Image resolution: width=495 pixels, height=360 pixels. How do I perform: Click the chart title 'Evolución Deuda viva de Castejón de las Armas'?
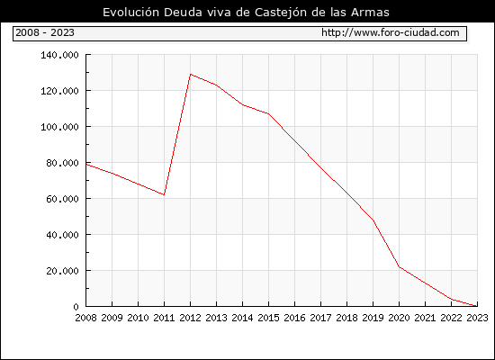click(246, 12)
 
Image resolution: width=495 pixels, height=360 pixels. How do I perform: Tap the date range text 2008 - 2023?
click(45, 32)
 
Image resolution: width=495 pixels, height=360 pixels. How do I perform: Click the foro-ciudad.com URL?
click(391, 32)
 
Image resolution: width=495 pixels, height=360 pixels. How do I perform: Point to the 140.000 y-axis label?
click(59, 55)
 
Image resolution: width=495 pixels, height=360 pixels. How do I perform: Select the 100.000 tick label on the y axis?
click(59, 127)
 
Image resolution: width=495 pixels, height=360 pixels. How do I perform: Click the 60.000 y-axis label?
click(62, 199)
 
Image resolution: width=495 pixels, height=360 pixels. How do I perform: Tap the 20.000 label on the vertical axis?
click(62, 271)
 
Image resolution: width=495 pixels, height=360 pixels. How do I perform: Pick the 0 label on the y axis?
click(76, 307)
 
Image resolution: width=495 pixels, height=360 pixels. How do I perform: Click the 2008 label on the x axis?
click(85, 318)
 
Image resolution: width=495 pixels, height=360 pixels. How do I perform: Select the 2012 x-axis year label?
click(191, 318)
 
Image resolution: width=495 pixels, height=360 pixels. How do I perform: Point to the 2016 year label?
click(294, 318)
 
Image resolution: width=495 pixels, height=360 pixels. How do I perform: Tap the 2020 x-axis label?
click(399, 318)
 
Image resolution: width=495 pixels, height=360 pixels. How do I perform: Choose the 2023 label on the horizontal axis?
click(477, 318)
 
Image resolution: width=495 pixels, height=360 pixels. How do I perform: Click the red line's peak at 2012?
click(191, 74)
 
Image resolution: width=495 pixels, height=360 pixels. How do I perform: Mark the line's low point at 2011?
click(164, 194)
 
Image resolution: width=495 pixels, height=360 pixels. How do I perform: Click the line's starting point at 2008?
click(86, 164)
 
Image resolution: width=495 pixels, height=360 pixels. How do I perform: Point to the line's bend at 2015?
click(269, 114)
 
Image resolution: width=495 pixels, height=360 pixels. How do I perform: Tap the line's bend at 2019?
click(373, 220)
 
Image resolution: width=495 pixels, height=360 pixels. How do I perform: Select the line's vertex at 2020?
click(399, 266)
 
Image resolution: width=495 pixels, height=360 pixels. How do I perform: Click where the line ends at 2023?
click(477, 306)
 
